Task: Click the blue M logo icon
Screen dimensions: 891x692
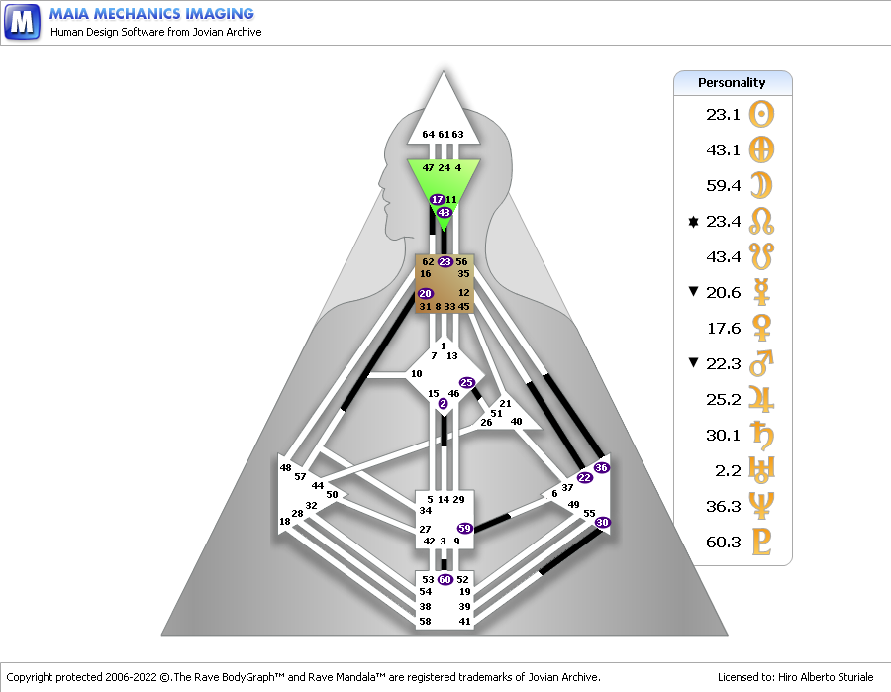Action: tap(22, 22)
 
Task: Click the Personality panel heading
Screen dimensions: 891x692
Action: tap(732, 83)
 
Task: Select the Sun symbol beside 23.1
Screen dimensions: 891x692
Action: tap(761, 114)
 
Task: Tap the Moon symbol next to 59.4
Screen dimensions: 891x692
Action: tap(761, 185)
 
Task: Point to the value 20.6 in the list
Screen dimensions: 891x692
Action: tap(723, 293)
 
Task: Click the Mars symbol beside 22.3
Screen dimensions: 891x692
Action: tap(761, 363)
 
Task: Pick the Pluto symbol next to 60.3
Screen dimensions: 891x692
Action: tap(761, 542)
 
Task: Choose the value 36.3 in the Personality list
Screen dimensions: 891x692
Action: tap(723, 506)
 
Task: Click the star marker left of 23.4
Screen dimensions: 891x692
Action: tap(693, 222)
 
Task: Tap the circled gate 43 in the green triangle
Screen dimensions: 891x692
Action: tap(444, 213)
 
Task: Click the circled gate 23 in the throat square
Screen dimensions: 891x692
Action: tap(445, 262)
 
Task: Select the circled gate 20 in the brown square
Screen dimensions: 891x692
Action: tap(426, 294)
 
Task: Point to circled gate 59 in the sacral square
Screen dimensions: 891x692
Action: tap(465, 529)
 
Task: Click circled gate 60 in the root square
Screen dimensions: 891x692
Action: tap(445, 580)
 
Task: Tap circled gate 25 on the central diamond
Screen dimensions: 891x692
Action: tap(467, 383)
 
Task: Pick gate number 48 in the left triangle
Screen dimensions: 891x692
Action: tap(285, 468)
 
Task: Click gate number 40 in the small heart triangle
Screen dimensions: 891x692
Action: tap(516, 422)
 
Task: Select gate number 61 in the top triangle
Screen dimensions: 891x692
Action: tap(444, 135)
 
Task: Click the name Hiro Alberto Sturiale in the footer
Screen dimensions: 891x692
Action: tap(826, 677)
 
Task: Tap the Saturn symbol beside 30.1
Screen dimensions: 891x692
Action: tap(761, 435)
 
